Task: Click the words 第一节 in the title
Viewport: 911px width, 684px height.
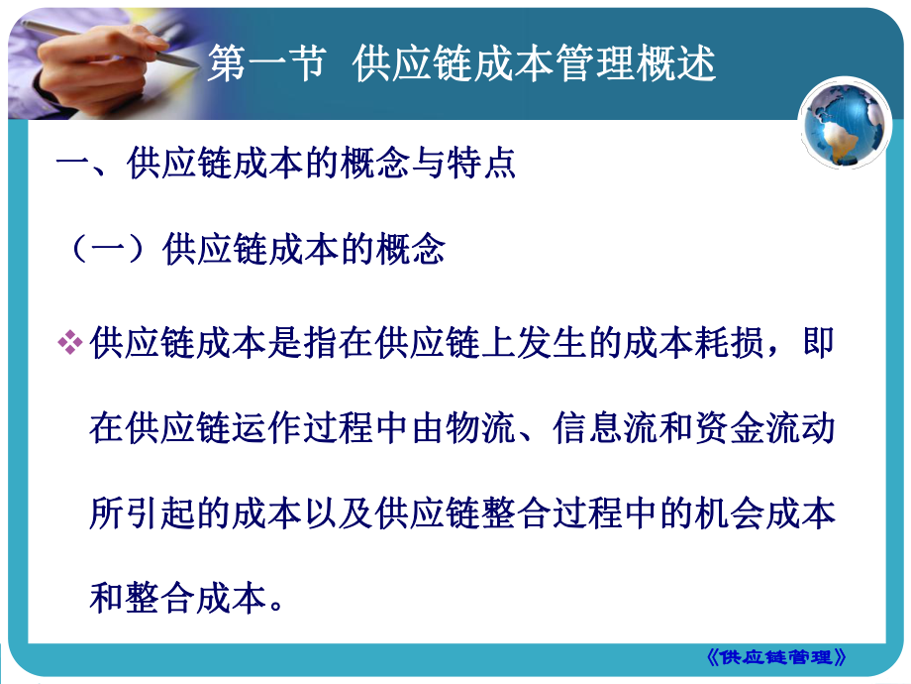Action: click(265, 65)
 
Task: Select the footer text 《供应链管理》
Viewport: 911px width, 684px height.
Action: click(781, 656)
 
